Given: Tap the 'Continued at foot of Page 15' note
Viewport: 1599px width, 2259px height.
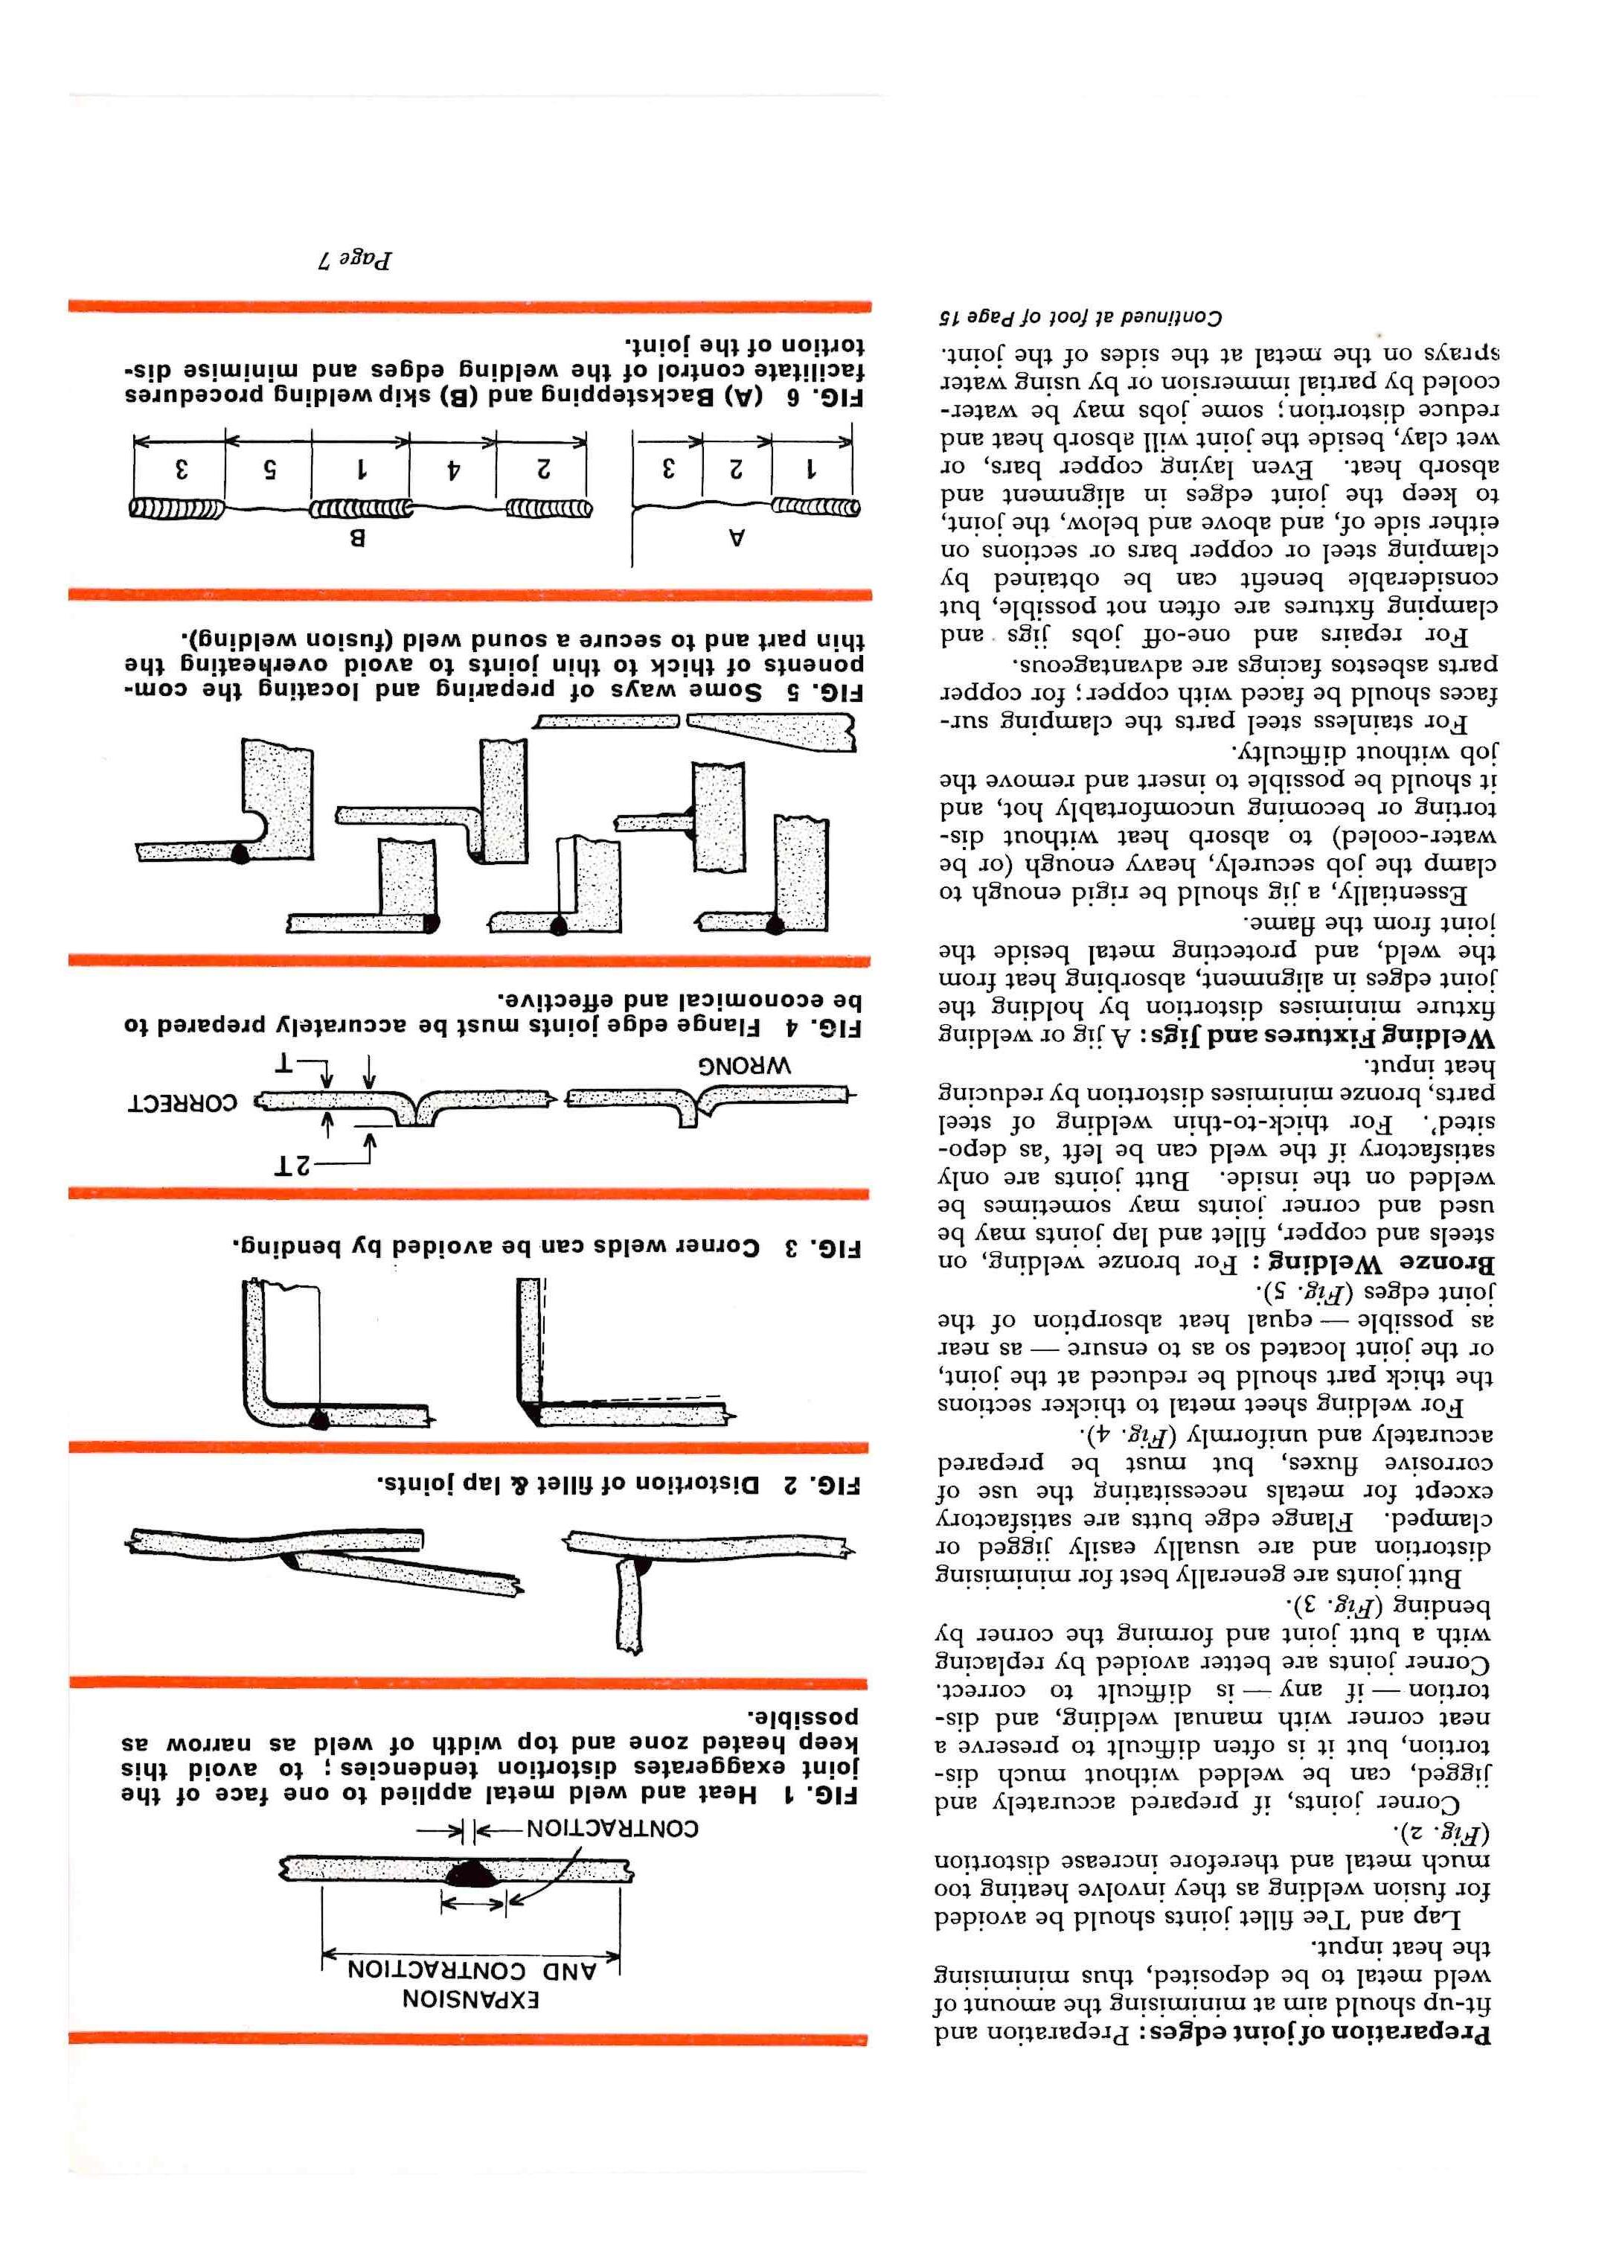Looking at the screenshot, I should click(1080, 318).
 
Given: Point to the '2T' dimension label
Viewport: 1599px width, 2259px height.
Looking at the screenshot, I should click(292, 1165).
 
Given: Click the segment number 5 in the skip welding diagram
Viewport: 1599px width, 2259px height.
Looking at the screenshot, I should click(268, 470).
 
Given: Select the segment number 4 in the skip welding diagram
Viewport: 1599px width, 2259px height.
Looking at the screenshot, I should click(453, 470).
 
